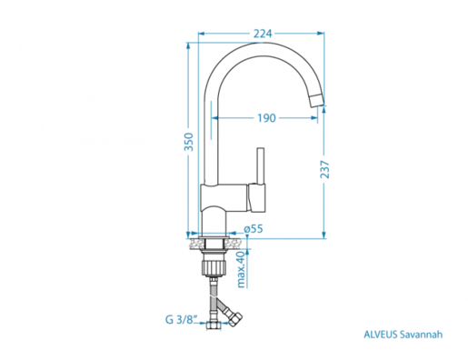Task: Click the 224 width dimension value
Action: pos(263,34)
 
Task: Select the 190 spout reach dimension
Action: pos(266,118)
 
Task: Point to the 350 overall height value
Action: pos(189,142)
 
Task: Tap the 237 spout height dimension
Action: pos(324,169)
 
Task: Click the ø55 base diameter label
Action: pos(254,229)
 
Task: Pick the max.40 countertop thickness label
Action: pos(241,269)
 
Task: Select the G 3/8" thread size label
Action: pos(182,319)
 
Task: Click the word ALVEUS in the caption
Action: pos(381,335)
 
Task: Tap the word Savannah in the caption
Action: pos(422,335)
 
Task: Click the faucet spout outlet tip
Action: pos(316,100)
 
